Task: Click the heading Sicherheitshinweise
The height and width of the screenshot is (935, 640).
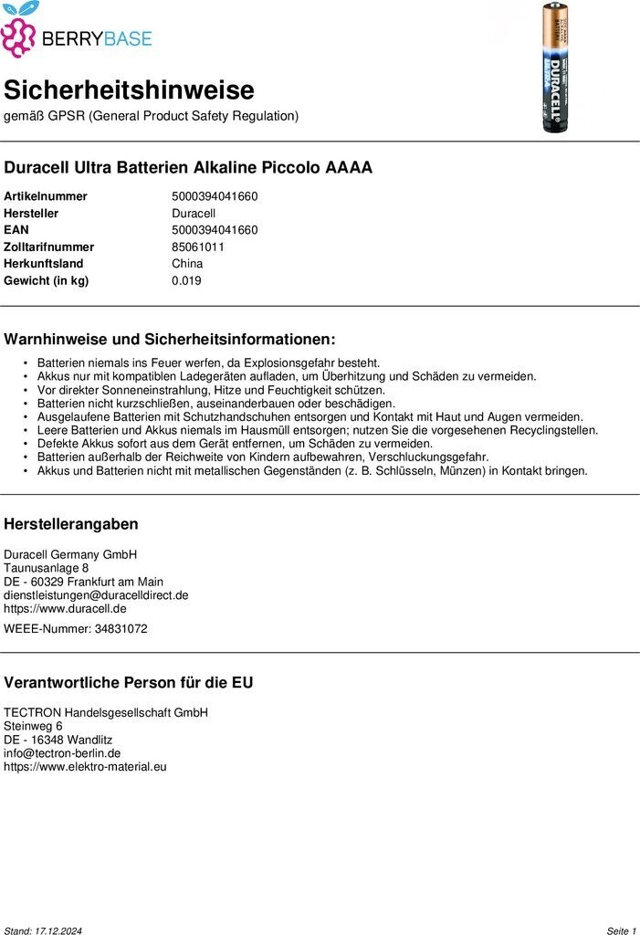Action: point(129,90)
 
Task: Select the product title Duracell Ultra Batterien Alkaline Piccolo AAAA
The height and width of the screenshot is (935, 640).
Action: point(188,168)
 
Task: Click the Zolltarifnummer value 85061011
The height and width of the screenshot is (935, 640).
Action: point(198,247)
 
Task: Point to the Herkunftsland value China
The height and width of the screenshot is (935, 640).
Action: point(187,264)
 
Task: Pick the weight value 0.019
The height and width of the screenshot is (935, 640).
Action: point(186,280)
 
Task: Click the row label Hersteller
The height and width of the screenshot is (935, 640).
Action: point(31,213)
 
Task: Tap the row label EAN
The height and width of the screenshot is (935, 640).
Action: point(16,230)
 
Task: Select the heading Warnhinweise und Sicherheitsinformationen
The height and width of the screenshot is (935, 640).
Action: point(170,339)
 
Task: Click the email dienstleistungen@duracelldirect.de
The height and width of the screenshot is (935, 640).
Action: point(96,594)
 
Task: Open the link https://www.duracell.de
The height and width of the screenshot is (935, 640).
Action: point(65,608)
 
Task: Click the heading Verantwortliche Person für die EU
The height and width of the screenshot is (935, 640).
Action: point(129,682)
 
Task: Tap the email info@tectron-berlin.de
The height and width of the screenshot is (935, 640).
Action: point(62,753)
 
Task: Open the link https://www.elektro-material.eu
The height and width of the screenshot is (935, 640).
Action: point(85,767)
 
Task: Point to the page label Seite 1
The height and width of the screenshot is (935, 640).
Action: point(621,930)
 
